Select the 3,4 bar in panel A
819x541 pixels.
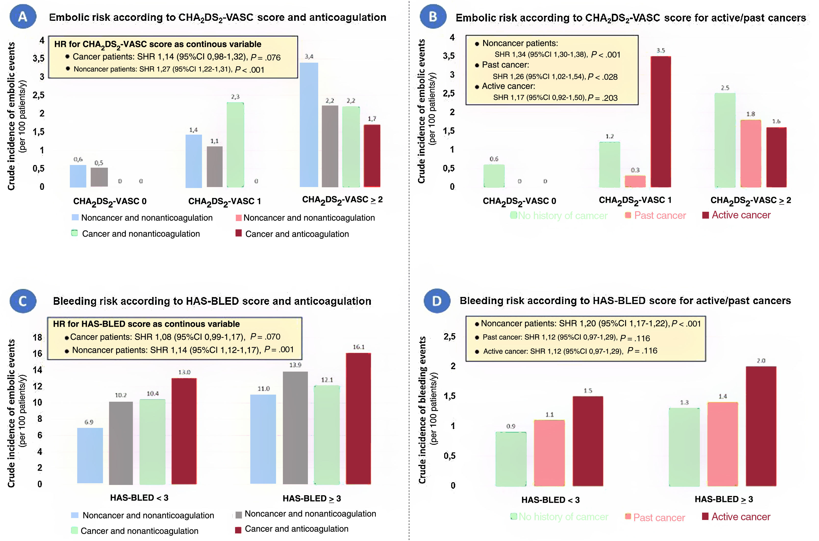tap(309, 125)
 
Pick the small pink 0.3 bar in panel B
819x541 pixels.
tap(635, 181)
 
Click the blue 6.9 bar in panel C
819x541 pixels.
tap(90, 455)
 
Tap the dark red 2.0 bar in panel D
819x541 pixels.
tap(761, 426)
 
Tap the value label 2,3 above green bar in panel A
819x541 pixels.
tap(235, 97)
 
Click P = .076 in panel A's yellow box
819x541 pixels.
tap(265, 57)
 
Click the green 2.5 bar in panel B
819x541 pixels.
tap(725, 140)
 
